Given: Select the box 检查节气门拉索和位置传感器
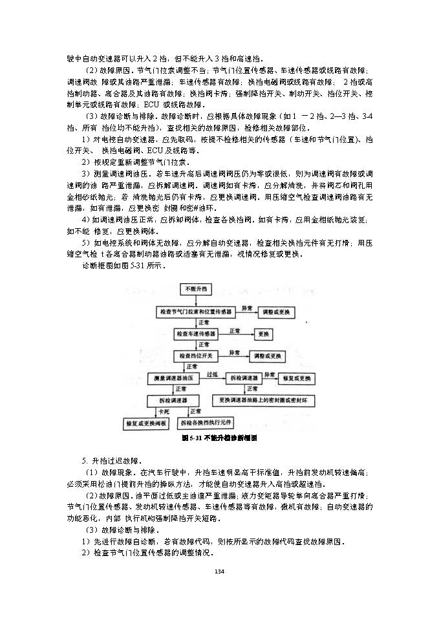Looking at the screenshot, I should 196,312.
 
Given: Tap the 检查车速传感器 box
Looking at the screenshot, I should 196,334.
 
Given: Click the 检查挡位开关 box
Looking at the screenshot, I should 196,356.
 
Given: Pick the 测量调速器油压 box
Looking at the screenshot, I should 174,378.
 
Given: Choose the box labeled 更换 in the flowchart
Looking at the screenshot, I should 263,334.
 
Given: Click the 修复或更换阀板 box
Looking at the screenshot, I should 147,424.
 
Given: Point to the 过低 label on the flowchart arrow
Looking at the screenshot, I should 211,374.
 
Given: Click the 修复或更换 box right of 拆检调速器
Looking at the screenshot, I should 298,378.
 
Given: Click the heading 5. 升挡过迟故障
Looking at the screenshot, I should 112,461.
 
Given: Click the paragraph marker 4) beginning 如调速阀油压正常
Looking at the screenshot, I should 85,220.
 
